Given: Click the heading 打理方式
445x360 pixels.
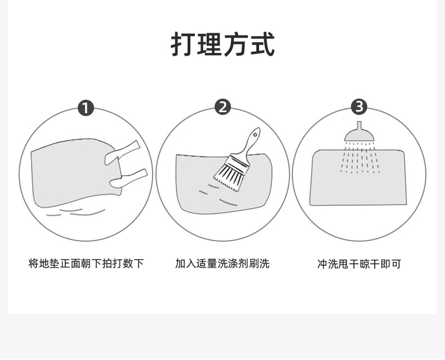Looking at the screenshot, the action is pos(222,45).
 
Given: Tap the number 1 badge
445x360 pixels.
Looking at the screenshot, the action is pos(86,108).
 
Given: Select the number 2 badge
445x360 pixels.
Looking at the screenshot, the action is pos(222,107).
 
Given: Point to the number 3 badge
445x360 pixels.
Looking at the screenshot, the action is pos(359,106).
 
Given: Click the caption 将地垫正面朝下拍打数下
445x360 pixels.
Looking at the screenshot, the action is pos(86,264).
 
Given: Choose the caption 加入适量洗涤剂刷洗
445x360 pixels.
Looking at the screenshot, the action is pos(222,264).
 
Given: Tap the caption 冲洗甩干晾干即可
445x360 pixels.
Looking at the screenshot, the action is pos(359,264).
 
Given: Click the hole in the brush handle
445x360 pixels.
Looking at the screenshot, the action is pos(255,134).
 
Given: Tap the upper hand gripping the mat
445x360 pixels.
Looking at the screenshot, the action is pos(122,153).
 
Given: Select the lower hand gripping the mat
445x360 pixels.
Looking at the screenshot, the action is pos(128,179).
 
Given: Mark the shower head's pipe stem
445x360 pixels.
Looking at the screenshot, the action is pos(359,125).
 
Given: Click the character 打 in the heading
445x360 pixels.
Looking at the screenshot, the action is pos(183,45).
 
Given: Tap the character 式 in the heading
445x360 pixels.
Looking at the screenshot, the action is pos(262,45).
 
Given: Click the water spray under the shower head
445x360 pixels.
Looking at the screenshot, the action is pos(360,158).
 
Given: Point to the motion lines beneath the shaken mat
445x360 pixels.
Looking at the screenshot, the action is pos(76,212).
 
